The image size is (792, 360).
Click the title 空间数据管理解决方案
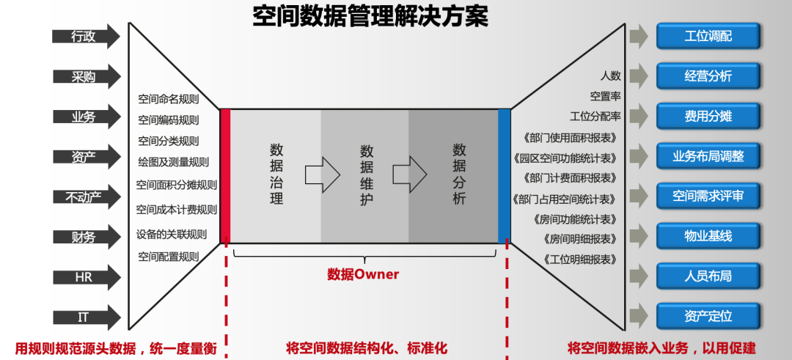coord(370,16)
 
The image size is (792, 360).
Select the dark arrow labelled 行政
coord(85,36)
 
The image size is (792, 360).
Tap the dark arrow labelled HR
coord(85,278)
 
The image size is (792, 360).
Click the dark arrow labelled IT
coord(85,317)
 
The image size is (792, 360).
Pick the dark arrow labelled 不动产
coord(85,196)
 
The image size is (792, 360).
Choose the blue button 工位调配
coord(708,36)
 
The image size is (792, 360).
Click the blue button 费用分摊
coord(708,116)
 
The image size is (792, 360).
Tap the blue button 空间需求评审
coord(708,196)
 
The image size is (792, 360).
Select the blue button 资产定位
coord(708,316)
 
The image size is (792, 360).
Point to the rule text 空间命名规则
coord(168,99)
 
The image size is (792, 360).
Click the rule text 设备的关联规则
coord(172,235)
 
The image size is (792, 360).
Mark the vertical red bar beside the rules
coord(225,176)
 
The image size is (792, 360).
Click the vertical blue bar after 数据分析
coord(504,176)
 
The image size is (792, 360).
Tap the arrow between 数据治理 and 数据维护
coord(323,175)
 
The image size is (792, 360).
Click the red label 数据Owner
coord(363,274)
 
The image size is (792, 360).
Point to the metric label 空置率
coord(605,96)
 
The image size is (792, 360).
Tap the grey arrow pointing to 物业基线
coord(639,235)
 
